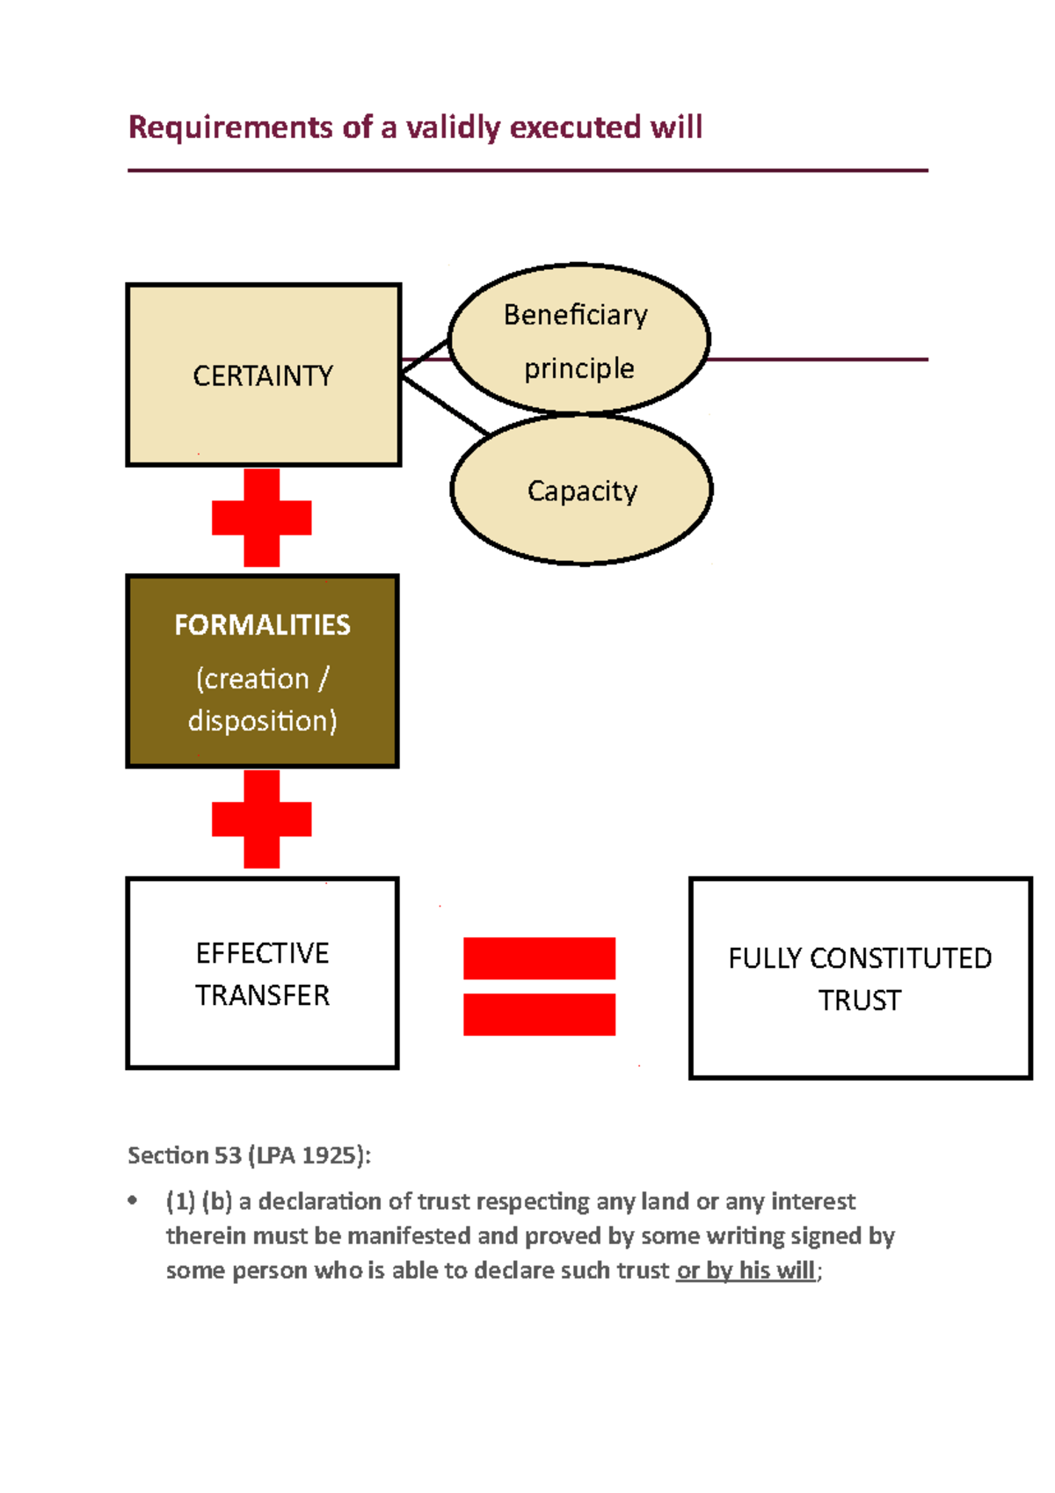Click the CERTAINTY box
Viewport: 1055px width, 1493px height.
click(263, 375)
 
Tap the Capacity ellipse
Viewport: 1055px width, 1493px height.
click(581, 490)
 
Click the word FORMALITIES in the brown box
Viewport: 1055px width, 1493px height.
click(262, 625)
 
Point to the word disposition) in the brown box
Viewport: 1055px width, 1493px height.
click(262, 721)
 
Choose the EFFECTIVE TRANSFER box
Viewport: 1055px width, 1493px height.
click(262, 973)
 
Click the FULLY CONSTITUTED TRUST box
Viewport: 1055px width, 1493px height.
click(860, 978)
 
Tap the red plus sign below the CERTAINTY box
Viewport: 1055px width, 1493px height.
click(261, 518)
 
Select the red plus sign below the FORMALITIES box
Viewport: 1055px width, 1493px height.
click(261, 819)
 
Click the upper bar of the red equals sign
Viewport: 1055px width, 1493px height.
click(539, 958)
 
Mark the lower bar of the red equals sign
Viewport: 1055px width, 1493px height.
click(539, 1015)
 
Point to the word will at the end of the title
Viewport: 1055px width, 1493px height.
click(676, 127)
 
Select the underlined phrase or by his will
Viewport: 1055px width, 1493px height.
click(746, 1271)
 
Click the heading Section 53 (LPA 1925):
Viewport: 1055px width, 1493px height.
click(249, 1155)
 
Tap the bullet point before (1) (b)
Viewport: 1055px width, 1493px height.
click(133, 1200)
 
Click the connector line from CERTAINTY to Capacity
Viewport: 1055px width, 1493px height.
click(444, 405)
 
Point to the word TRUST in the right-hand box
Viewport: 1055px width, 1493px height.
click(859, 1001)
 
